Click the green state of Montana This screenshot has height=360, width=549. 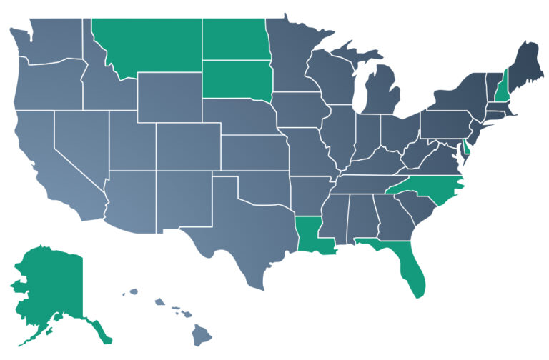(x=147, y=43)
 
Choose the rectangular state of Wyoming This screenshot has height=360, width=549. (x=170, y=96)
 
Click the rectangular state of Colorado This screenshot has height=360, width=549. (x=187, y=146)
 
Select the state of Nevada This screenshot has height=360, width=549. (x=79, y=143)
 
